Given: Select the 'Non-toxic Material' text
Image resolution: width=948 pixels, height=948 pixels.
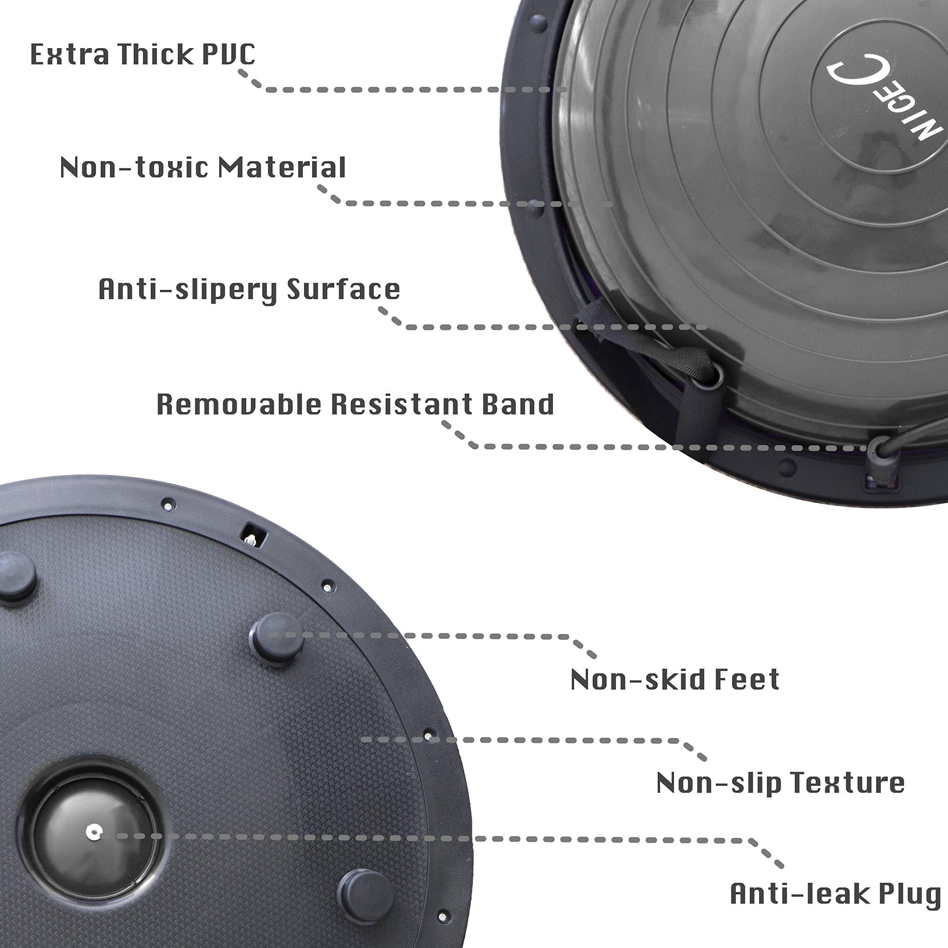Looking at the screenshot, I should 203,167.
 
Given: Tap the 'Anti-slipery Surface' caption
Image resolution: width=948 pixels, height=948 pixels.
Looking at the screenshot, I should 249,289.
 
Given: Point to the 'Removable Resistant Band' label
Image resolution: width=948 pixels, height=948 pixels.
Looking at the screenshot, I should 355,404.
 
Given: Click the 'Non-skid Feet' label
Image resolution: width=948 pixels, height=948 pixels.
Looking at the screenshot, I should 675,680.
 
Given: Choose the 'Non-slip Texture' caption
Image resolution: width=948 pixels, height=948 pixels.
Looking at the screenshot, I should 780,782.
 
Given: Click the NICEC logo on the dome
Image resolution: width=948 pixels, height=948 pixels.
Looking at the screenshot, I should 883,103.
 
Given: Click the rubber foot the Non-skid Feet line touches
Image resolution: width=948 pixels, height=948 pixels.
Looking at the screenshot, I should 276,638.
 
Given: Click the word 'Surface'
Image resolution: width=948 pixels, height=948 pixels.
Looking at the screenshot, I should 344,289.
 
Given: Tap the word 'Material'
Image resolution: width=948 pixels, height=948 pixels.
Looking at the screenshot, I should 282,167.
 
